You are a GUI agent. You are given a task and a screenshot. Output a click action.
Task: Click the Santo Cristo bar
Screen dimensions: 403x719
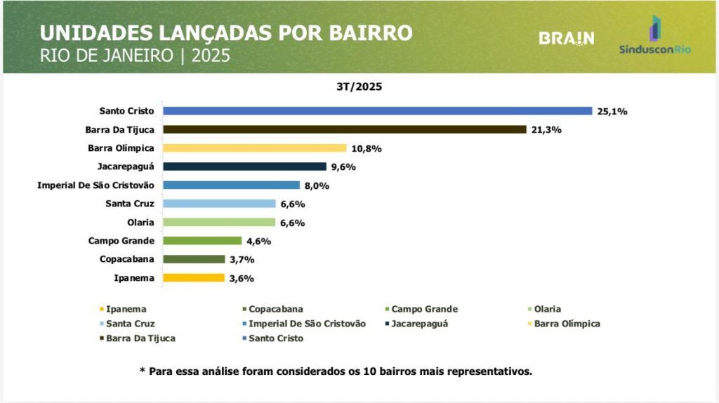coord(378,111)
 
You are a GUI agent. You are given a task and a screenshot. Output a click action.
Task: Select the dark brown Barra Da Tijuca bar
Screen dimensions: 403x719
coord(345,130)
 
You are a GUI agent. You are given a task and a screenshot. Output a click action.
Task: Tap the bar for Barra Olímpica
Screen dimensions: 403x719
coord(255,148)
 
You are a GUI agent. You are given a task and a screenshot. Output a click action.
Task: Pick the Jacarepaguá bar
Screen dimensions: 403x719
coord(245,166)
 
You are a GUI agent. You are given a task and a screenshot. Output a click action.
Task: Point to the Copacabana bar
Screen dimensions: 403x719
coord(194,259)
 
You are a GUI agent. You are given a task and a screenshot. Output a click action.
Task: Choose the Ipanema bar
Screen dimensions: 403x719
coord(194,277)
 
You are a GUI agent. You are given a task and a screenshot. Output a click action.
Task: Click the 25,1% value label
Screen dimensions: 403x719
coord(612,111)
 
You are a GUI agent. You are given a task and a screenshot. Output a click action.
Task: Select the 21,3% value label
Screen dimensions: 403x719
coord(546,130)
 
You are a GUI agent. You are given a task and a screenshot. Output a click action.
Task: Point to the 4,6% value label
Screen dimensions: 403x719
coord(258,241)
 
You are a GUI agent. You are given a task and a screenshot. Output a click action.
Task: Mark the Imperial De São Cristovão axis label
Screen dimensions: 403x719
coord(95,185)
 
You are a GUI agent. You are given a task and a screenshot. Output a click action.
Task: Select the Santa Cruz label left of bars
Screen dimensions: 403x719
coord(130,204)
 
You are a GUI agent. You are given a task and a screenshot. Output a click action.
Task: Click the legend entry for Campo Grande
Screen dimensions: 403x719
coord(423,309)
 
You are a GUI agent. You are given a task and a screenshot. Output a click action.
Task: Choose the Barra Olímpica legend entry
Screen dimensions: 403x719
coord(566,324)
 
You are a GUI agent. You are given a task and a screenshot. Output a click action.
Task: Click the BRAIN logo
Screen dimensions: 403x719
coord(567,39)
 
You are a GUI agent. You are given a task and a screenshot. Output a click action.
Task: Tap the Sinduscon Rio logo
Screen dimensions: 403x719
coord(655,37)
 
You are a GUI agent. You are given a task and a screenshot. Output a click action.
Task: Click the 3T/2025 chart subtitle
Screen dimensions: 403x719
coord(359,88)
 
